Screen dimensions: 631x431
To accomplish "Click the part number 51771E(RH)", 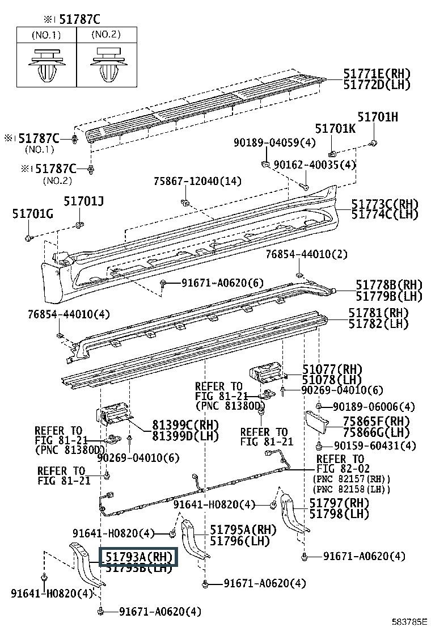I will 377,74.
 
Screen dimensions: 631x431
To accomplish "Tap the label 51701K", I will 335,129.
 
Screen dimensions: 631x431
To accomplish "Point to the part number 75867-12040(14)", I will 197,182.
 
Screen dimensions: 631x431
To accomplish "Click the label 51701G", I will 33,213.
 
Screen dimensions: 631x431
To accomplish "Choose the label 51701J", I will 84,201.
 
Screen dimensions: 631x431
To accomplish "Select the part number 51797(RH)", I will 339,503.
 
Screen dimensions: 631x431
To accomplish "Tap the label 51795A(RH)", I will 235,530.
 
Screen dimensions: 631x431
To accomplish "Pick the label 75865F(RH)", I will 376,421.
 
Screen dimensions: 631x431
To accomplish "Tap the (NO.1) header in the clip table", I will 46,35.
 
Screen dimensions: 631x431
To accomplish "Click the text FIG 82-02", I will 341,469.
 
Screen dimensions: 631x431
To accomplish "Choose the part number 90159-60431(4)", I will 374,445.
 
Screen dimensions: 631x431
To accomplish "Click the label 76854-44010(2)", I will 307,255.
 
